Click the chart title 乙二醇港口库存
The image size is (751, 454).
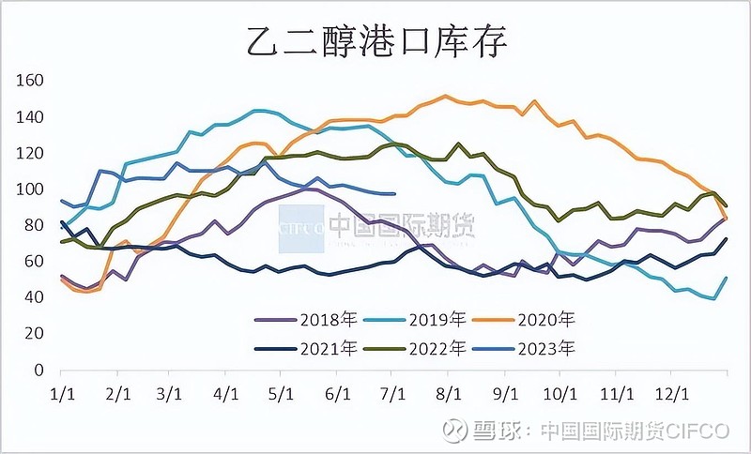click(375, 40)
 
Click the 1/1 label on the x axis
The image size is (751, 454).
click(62, 389)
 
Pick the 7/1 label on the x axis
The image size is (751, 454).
click(394, 389)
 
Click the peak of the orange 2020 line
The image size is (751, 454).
click(445, 96)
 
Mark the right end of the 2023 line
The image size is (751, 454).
click(394, 194)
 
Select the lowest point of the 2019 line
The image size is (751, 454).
click(714, 298)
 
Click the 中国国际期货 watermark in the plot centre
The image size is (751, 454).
click(401, 225)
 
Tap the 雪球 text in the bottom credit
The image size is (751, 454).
click(497, 431)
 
